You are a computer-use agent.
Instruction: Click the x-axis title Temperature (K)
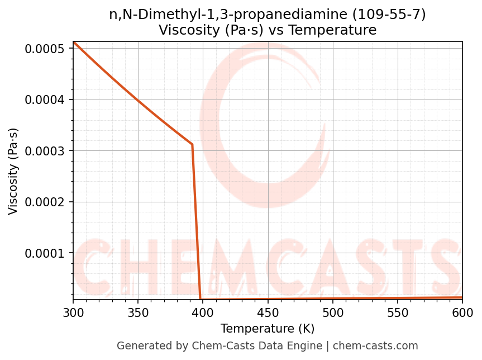pyautogui.click(x=268, y=329)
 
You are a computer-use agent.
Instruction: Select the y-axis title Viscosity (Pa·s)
pyautogui.click(x=13, y=171)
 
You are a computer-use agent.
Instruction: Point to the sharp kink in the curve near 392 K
pyautogui.click(x=192, y=144)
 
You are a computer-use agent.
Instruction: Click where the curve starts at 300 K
pyautogui.click(x=74, y=42)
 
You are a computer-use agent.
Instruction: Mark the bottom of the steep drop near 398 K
pyautogui.click(x=201, y=299)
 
